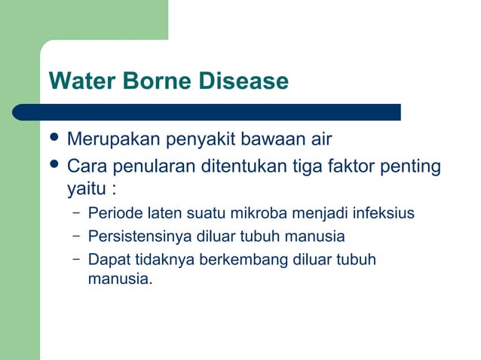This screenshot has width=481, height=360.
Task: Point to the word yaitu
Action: coord(84,188)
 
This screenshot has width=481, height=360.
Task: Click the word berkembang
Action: coord(237,260)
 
